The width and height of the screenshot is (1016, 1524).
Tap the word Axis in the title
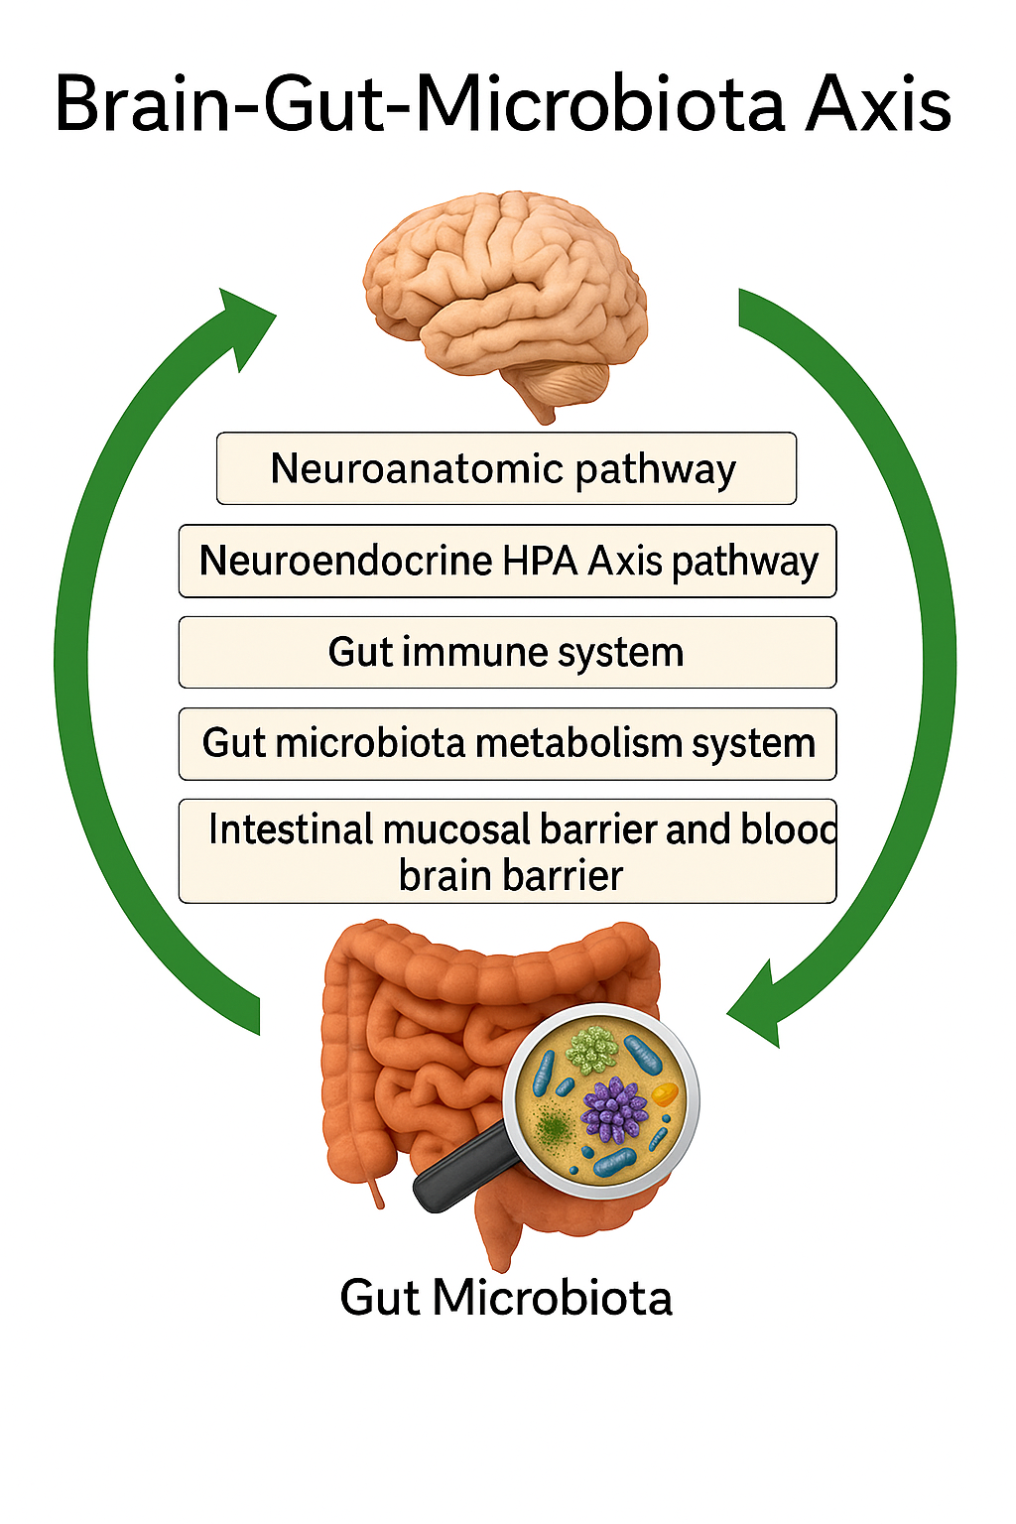[878, 104]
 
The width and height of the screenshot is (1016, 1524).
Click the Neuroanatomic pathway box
[506, 468]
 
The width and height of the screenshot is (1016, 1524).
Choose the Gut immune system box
[506, 653]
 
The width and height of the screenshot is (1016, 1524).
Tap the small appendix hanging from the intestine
[376, 1191]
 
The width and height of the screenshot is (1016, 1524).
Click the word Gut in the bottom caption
[379, 1298]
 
